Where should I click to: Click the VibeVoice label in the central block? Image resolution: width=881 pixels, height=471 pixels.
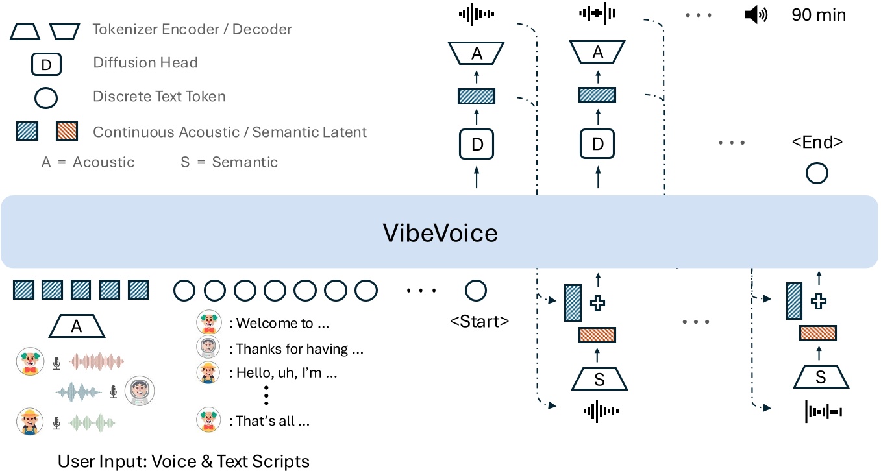440,232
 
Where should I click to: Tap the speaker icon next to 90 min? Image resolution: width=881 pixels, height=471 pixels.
755,15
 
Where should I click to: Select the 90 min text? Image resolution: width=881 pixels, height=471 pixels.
819,14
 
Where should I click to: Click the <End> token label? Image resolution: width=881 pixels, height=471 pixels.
816,142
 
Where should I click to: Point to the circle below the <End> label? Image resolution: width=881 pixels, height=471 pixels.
816,173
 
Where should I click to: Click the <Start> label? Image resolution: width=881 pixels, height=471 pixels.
479,320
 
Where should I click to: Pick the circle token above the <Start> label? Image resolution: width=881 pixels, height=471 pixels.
476,290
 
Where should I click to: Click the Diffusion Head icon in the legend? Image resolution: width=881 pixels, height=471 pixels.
46,64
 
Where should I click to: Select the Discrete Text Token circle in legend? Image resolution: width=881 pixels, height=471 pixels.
46,97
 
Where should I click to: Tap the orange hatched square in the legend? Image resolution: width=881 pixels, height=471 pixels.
68,132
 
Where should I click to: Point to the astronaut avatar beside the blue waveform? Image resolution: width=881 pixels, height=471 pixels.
140,391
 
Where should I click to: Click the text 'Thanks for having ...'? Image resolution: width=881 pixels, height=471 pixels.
299,349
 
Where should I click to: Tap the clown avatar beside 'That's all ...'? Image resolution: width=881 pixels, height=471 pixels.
208,420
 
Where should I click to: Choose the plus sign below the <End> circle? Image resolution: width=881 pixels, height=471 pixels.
820,300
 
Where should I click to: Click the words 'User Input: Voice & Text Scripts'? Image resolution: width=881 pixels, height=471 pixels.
184,461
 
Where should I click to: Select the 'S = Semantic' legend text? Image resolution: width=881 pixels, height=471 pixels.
229,162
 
